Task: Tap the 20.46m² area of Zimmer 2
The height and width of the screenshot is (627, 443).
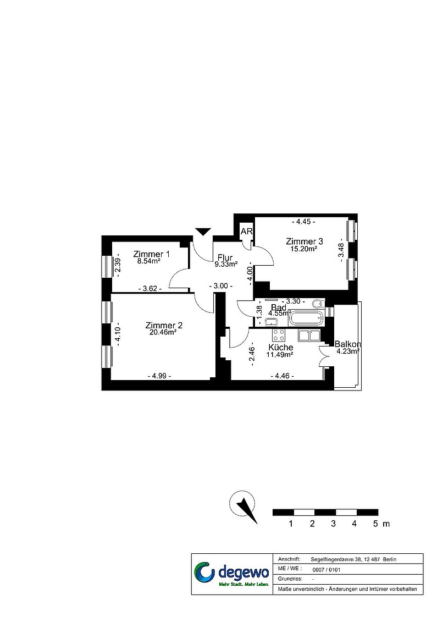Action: point(163,332)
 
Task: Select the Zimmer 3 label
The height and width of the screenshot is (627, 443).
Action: point(304,241)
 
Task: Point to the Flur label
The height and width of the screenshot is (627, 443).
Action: point(225,257)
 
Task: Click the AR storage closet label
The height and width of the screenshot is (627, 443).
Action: point(246,231)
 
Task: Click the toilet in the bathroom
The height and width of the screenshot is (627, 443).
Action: point(318,304)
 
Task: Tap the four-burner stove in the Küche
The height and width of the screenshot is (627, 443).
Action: point(279,335)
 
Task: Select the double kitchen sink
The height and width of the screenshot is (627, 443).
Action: point(309,335)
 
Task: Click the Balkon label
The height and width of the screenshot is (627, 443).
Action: point(348,344)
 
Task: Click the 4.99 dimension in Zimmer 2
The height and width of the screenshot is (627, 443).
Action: point(159,376)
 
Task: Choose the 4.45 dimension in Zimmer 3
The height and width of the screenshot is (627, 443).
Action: point(303,222)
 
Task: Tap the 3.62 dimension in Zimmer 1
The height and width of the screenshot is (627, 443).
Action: point(150,288)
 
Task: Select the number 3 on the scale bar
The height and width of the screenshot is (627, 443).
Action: point(333,524)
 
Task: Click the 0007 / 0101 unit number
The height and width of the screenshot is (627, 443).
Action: point(326,570)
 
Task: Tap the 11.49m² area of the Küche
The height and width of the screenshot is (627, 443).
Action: point(280,354)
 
